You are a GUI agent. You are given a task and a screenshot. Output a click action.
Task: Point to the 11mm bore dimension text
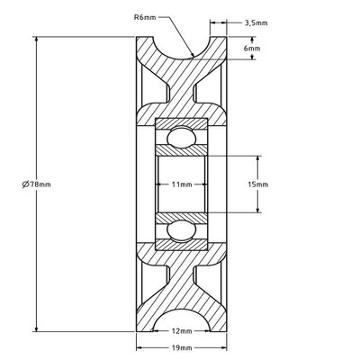(x=182, y=184)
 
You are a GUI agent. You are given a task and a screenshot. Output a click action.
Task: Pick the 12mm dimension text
(x=181, y=330)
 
